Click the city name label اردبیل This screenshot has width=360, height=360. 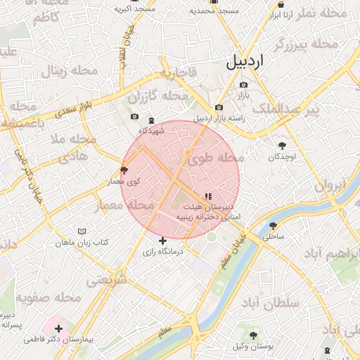(245, 62)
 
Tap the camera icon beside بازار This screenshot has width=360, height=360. (244, 85)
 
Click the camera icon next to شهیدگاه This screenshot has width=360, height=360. (134, 117)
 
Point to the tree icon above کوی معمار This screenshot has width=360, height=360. (125, 170)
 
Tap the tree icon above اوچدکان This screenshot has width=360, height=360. (282, 145)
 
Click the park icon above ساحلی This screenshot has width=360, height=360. (273, 226)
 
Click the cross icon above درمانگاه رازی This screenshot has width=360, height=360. (163, 240)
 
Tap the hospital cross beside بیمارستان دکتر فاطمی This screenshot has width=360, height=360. (58, 328)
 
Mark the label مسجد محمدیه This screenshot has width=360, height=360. (215, 11)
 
